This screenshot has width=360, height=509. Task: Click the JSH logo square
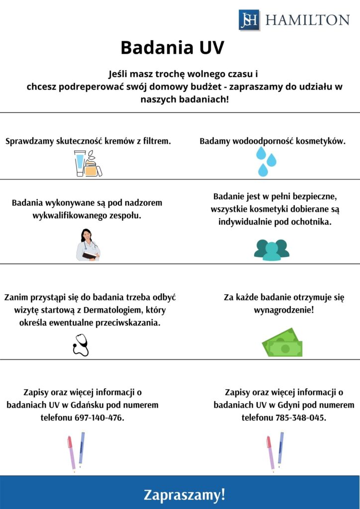coord(249,20)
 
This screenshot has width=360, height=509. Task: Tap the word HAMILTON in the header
coord(307,20)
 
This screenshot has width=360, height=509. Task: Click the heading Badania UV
coord(173,48)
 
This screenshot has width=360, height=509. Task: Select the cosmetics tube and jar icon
coord(88,164)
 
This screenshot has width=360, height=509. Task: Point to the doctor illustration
coord(88,245)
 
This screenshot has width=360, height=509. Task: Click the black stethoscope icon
coord(81,344)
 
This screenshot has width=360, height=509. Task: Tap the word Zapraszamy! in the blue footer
coord(184,495)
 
